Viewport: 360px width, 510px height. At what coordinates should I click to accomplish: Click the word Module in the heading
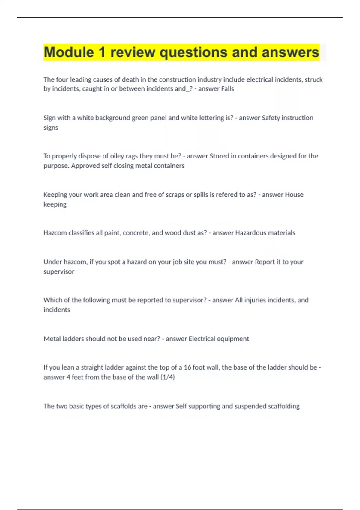tap(69, 52)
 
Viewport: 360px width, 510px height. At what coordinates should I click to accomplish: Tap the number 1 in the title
tap(102, 52)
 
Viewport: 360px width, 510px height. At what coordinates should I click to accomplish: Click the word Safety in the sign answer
tap(271, 118)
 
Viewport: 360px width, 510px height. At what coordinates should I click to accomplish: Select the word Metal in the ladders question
tap(52, 339)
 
